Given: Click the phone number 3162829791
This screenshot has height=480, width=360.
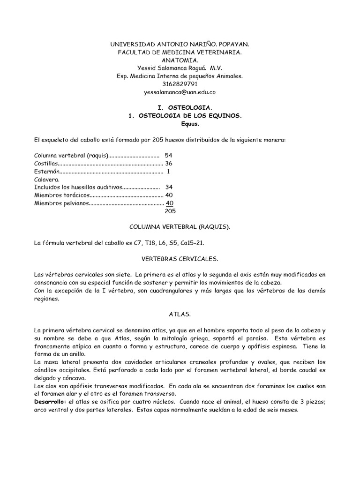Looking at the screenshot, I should (x=180, y=84).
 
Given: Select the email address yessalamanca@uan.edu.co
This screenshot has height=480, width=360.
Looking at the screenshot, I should (x=180, y=92).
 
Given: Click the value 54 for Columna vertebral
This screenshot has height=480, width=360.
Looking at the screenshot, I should (x=169, y=155).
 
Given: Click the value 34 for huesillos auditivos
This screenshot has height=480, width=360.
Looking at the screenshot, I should (x=169, y=187).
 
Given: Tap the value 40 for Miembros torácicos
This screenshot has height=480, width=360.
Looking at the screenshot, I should (x=169, y=195).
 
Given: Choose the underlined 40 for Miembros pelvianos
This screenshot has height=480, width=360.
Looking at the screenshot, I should (x=170, y=203).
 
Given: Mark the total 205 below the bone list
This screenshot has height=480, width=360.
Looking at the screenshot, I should (x=170, y=211).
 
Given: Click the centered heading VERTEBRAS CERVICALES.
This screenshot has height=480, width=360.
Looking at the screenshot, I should (x=180, y=259).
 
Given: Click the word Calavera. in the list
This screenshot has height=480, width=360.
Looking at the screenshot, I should (x=46, y=179).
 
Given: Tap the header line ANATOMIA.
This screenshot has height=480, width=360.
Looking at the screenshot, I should (x=180, y=60).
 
